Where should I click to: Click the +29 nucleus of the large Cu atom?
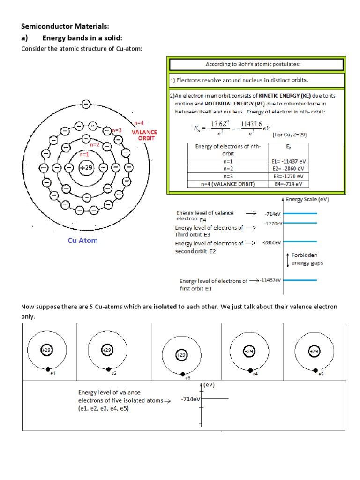[x=86, y=167]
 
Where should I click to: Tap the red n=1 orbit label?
[x=85, y=154]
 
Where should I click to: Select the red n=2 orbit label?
[x=95, y=145]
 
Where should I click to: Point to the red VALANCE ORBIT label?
[x=144, y=135]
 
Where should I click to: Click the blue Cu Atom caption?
[x=83, y=240]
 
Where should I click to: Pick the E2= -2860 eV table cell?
[x=290, y=168]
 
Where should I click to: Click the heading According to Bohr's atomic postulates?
[x=256, y=64]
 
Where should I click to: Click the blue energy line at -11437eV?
[x=300, y=280]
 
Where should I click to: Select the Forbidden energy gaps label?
[x=307, y=259]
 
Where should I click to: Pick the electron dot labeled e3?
[x=182, y=374]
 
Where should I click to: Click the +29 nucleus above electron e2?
[x=107, y=350]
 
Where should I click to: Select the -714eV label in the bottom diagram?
[x=190, y=399]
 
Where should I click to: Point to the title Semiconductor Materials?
[x=65, y=27]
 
